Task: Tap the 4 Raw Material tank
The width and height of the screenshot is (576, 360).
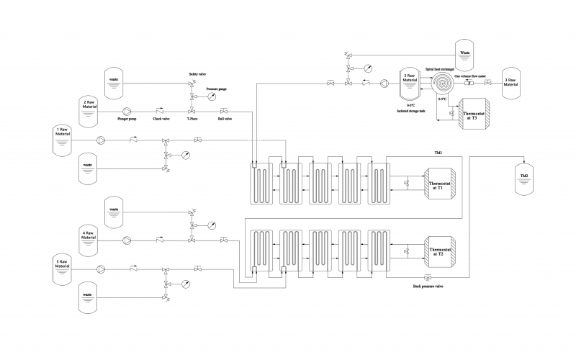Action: pyautogui.click(x=90, y=238)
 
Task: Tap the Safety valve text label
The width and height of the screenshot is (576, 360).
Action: pyautogui.click(x=198, y=74)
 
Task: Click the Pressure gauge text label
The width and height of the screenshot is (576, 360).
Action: pyautogui.click(x=217, y=89)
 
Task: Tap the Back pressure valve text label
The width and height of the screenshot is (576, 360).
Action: pyautogui.click(x=427, y=287)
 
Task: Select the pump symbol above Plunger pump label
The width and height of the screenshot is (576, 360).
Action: pyautogui.click(x=128, y=111)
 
